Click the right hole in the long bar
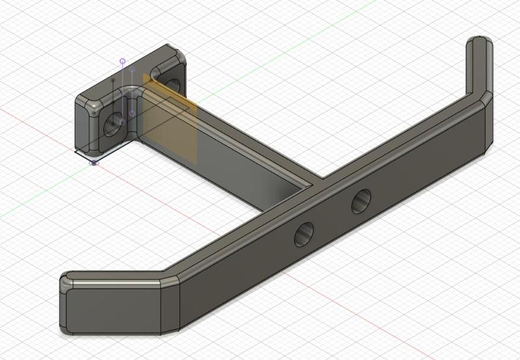pos(361,202)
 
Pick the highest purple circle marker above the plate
pos(122,60)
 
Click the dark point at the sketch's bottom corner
pos(94,162)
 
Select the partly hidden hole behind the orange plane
pos(172,84)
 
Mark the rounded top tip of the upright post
pos(479,42)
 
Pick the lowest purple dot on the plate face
pos(132,113)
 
